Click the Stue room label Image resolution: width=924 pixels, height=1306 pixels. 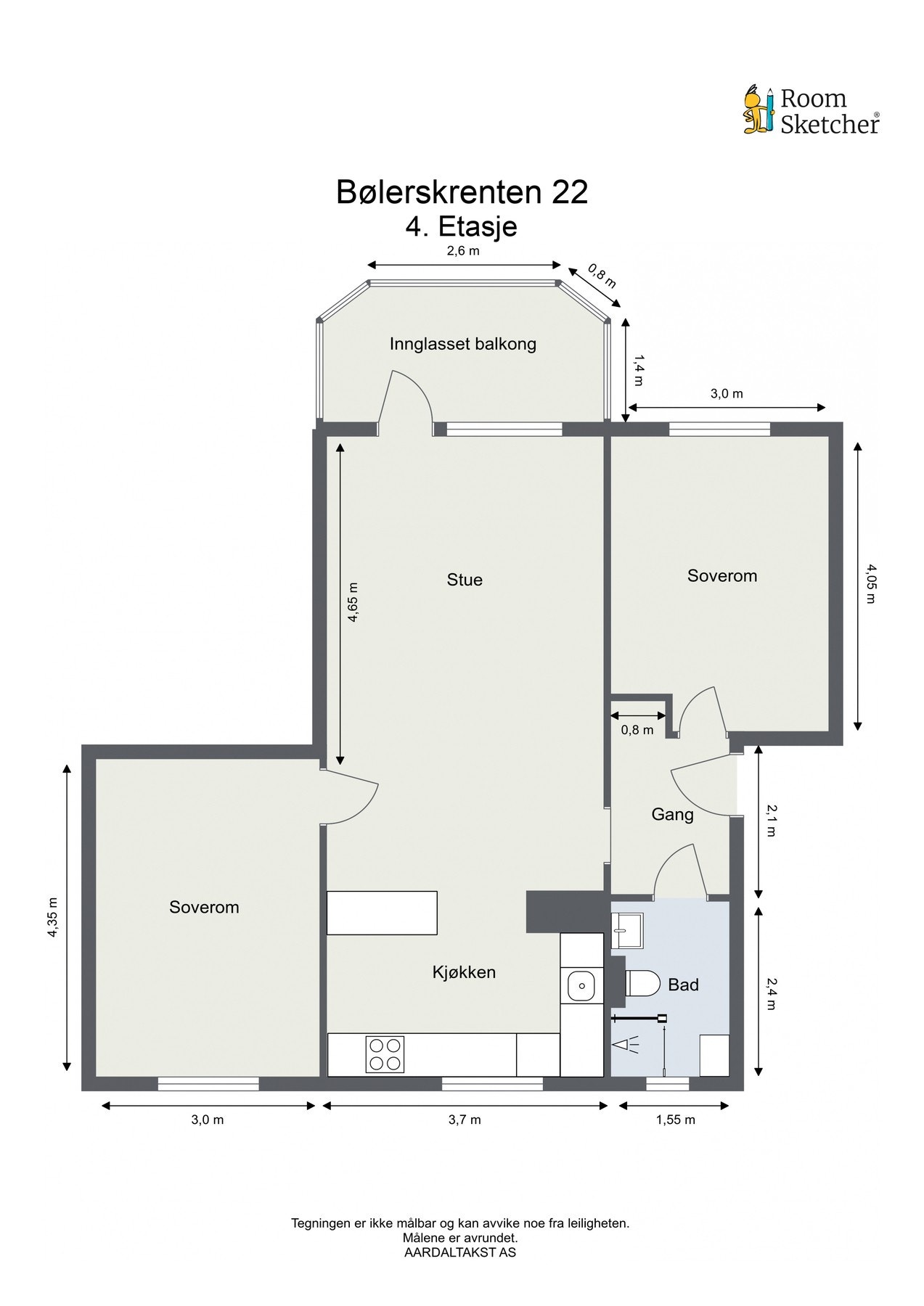point(465,580)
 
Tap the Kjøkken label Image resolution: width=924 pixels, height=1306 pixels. point(464,972)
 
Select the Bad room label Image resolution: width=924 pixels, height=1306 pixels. point(683,985)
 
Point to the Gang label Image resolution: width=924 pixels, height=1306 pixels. point(672,814)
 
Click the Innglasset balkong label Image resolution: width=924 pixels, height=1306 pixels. point(463,344)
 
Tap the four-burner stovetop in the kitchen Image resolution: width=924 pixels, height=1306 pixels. point(385,1054)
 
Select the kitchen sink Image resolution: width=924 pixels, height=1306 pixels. point(581,986)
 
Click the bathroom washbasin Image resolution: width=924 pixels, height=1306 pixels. point(626,931)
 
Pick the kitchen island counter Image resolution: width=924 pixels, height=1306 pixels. point(382,913)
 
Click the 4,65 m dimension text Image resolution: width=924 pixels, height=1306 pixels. point(353,602)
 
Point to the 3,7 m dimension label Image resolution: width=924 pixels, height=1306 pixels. point(465,1120)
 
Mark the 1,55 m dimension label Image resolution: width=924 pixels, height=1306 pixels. point(675,1120)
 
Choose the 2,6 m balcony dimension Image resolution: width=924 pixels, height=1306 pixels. point(463,252)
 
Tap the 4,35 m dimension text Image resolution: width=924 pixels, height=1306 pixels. point(52,918)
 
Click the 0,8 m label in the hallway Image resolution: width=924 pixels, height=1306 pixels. point(637,730)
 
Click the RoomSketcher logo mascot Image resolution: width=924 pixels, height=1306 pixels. point(759,110)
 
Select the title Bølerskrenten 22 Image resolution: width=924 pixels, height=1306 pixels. point(462,192)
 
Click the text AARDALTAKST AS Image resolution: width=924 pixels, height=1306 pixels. point(460,1252)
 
